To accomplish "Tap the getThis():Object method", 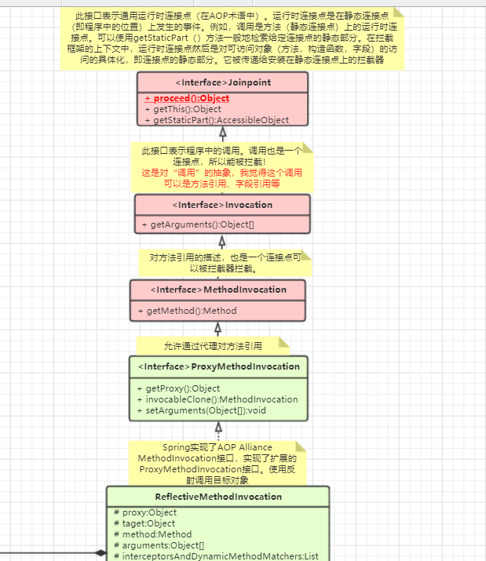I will [188, 109].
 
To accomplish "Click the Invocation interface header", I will [222, 205].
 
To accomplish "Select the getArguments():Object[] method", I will [203, 225].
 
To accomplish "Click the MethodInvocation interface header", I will [218, 290].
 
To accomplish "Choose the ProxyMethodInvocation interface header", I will [218, 366].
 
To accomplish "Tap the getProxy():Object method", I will [183, 388].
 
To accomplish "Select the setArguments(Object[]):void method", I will [206, 410].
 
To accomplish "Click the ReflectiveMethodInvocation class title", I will [218, 496].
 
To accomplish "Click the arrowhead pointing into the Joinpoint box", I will [222, 134].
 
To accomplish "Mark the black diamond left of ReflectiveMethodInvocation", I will [100, 553].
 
